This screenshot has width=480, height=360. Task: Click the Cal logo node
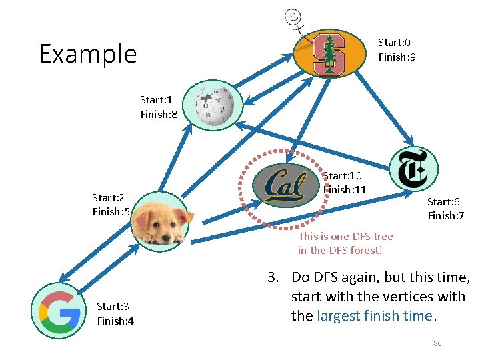coord(284,184)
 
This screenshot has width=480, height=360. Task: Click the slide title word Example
coord(87,54)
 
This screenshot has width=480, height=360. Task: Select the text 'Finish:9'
coord(397,57)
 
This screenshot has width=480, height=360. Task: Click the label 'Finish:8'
coord(159,115)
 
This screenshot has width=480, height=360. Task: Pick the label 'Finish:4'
coord(115,321)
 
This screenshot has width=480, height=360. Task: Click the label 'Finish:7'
coord(446,216)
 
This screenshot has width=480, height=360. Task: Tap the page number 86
coord(437,343)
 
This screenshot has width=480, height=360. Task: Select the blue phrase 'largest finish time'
coord(375,316)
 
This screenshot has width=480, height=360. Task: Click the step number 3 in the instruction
coord(272,277)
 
